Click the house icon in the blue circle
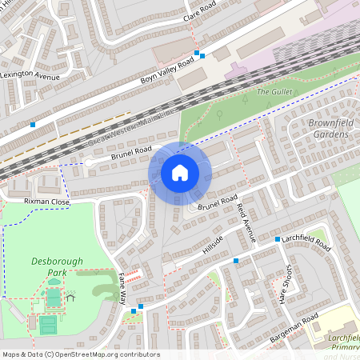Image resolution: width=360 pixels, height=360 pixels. pos(180,173)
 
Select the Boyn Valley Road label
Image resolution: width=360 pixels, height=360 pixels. pos(167,70)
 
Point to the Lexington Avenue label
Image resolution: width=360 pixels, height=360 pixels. pos(30,75)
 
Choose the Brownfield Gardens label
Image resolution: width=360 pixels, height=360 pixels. pos(329,129)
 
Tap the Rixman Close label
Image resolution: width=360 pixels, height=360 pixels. pos(47,202)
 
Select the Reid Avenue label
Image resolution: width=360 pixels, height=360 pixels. pos(246,222)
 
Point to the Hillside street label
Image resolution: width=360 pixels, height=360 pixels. pos(214,245)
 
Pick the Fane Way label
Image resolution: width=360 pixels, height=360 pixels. pos(122,287)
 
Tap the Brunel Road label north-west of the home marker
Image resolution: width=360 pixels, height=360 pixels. pos(131,150)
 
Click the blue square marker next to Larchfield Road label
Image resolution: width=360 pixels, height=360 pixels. pos(278,239)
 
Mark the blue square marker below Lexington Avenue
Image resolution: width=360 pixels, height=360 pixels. pos(33,125)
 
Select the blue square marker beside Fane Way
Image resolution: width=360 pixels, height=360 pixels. pos(141,306)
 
